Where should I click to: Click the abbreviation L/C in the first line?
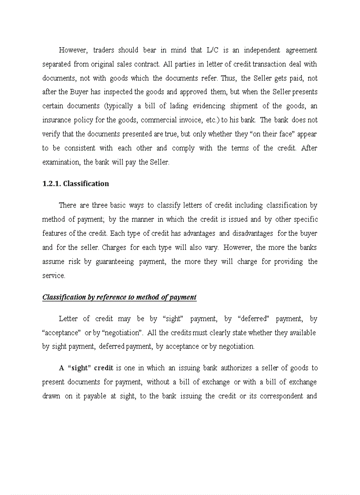(213, 50)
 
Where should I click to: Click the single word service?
(53, 276)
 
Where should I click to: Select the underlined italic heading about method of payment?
(119, 297)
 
